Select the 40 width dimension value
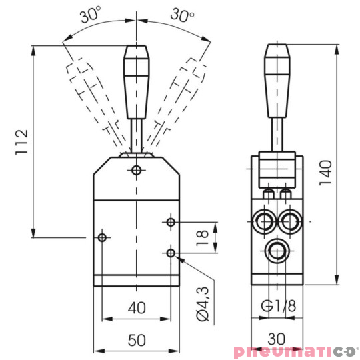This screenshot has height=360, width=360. (137, 307)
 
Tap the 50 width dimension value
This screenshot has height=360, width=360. (137, 340)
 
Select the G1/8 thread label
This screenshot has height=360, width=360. (278, 307)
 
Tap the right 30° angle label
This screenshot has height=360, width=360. (182, 15)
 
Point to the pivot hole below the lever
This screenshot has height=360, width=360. (137, 171)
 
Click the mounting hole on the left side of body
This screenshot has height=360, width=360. (102, 237)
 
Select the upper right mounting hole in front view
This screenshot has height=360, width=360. (171, 221)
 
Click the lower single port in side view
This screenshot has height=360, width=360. (275, 251)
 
